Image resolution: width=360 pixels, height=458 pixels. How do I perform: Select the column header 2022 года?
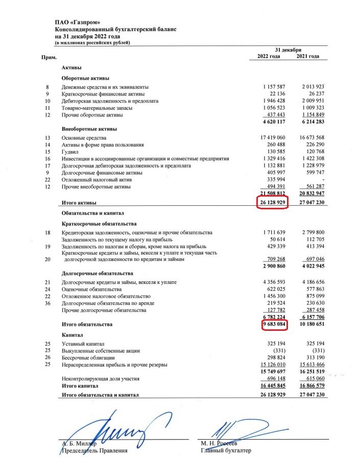(268, 56)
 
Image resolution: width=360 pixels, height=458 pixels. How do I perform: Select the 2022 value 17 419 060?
(275, 138)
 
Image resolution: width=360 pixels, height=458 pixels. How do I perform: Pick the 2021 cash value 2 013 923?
(310, 87)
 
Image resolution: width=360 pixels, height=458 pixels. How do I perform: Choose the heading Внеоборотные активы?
(89, 129)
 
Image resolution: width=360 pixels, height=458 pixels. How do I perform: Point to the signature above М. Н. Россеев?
(235, 426)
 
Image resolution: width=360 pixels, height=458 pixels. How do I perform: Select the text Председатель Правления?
(94, 451)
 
